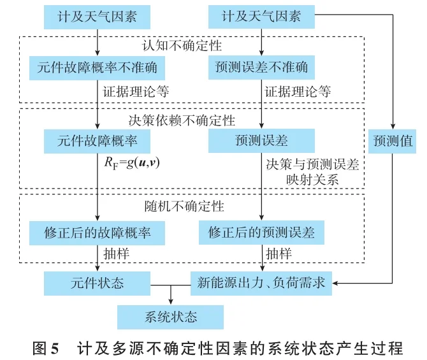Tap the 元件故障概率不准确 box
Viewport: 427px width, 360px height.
pyautogui.click(x=96, y=66)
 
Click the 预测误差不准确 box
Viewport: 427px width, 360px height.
pyautogui.click(x=262, y=66)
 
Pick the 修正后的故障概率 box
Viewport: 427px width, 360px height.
pyautogui.click(x=96, y=233)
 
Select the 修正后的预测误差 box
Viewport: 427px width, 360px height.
pyautogui.click(x=262, y=233)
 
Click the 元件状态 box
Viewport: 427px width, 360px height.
pyautogui.click(x=96, y=282)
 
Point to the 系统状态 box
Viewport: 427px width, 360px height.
pyautogui.click(x=170, y=317)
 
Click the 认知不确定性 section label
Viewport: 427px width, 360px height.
pyautogui.click(x=182, y=45)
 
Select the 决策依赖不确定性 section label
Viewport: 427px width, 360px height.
pyautogui.click(x=182, y=120)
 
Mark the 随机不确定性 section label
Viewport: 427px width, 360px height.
pyautogui.click(x=182, y=206)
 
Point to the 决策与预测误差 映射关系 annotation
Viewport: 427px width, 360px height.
pyautogui.click(x=312, y=170)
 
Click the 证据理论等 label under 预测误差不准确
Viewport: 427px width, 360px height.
pyautogui.click(x=298, y=91)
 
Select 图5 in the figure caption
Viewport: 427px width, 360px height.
pyautogui.click(x=45, y=349)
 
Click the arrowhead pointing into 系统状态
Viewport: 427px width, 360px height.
pyautogui.click(x=170, y=301)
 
